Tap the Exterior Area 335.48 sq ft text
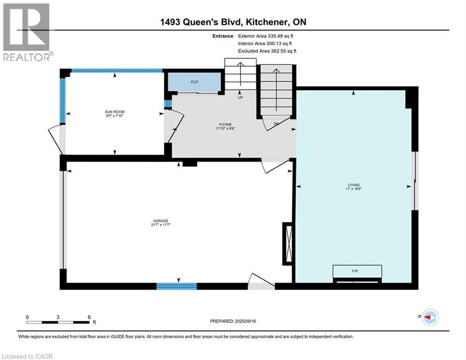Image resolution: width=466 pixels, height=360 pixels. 266,36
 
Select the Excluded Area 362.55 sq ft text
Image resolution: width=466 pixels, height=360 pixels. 267,51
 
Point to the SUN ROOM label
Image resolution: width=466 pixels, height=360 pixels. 115,113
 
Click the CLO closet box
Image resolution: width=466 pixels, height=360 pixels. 194,82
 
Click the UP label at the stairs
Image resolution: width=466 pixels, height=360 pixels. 240,98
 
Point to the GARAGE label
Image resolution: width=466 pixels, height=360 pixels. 160,223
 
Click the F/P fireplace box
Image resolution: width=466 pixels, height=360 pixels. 357,271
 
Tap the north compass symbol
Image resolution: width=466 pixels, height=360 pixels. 430,318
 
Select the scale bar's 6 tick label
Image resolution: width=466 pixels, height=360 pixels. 89,317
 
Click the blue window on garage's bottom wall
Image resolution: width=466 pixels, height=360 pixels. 177,286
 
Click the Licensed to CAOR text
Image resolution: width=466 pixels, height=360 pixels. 27,356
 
